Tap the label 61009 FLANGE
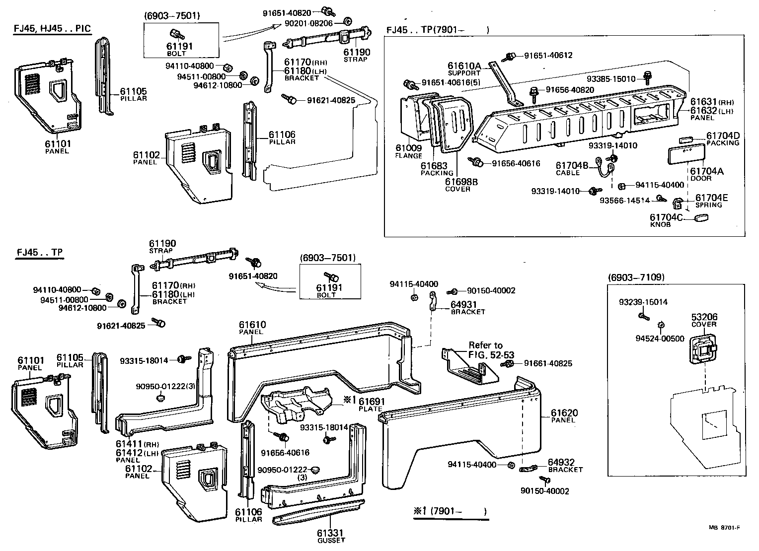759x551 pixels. tap(408, 151)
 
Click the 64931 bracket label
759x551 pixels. tap(467, 308)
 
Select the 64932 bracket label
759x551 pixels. tap(565, 465)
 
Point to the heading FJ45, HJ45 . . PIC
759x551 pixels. tap(52, 28)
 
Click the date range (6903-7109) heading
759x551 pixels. tap(636, 277)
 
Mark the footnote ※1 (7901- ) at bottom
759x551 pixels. tap(450, 511)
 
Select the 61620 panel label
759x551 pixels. tap(564, 416)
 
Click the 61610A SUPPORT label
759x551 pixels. tap(464, 69)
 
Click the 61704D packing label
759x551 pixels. tap(723, 139)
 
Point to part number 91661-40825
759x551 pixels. tap(545, 363)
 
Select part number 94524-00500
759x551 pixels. tap(660, 339)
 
